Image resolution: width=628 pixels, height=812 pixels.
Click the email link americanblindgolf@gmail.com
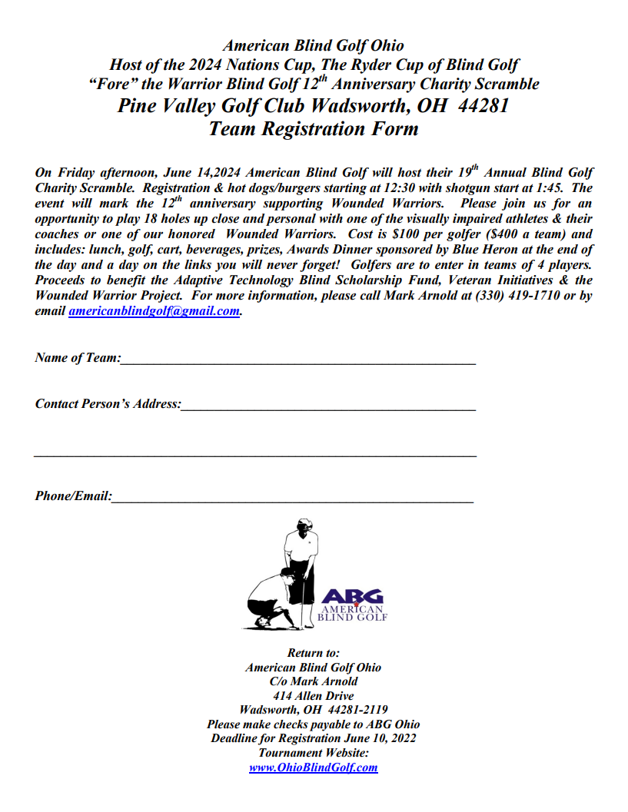pos(154,312)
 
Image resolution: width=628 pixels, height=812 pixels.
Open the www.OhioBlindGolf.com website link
pos(313,767)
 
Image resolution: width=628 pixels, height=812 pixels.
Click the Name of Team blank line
pos(298,360)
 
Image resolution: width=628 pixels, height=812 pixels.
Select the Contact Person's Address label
pos(108,403)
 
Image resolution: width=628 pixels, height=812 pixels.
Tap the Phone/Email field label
pos(73,496)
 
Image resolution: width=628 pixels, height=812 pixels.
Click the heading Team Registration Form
pos(314,128)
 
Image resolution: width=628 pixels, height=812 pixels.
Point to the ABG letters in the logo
pos(352,596)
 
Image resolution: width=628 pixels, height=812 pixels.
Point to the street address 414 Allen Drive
pos(313,696)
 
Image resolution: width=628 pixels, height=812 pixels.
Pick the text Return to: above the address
pos(313,653)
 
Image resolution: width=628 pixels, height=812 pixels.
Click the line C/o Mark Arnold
pos(313,681)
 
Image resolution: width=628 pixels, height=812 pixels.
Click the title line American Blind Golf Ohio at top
pos(313,47)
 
